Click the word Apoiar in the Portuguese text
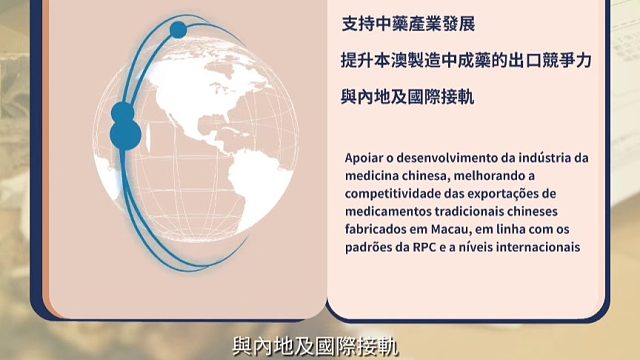[x=363, y=158]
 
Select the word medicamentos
[x=393, y=212]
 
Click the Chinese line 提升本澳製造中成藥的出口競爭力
[x=466, y=61]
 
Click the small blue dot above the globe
[x=178, y=30]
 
